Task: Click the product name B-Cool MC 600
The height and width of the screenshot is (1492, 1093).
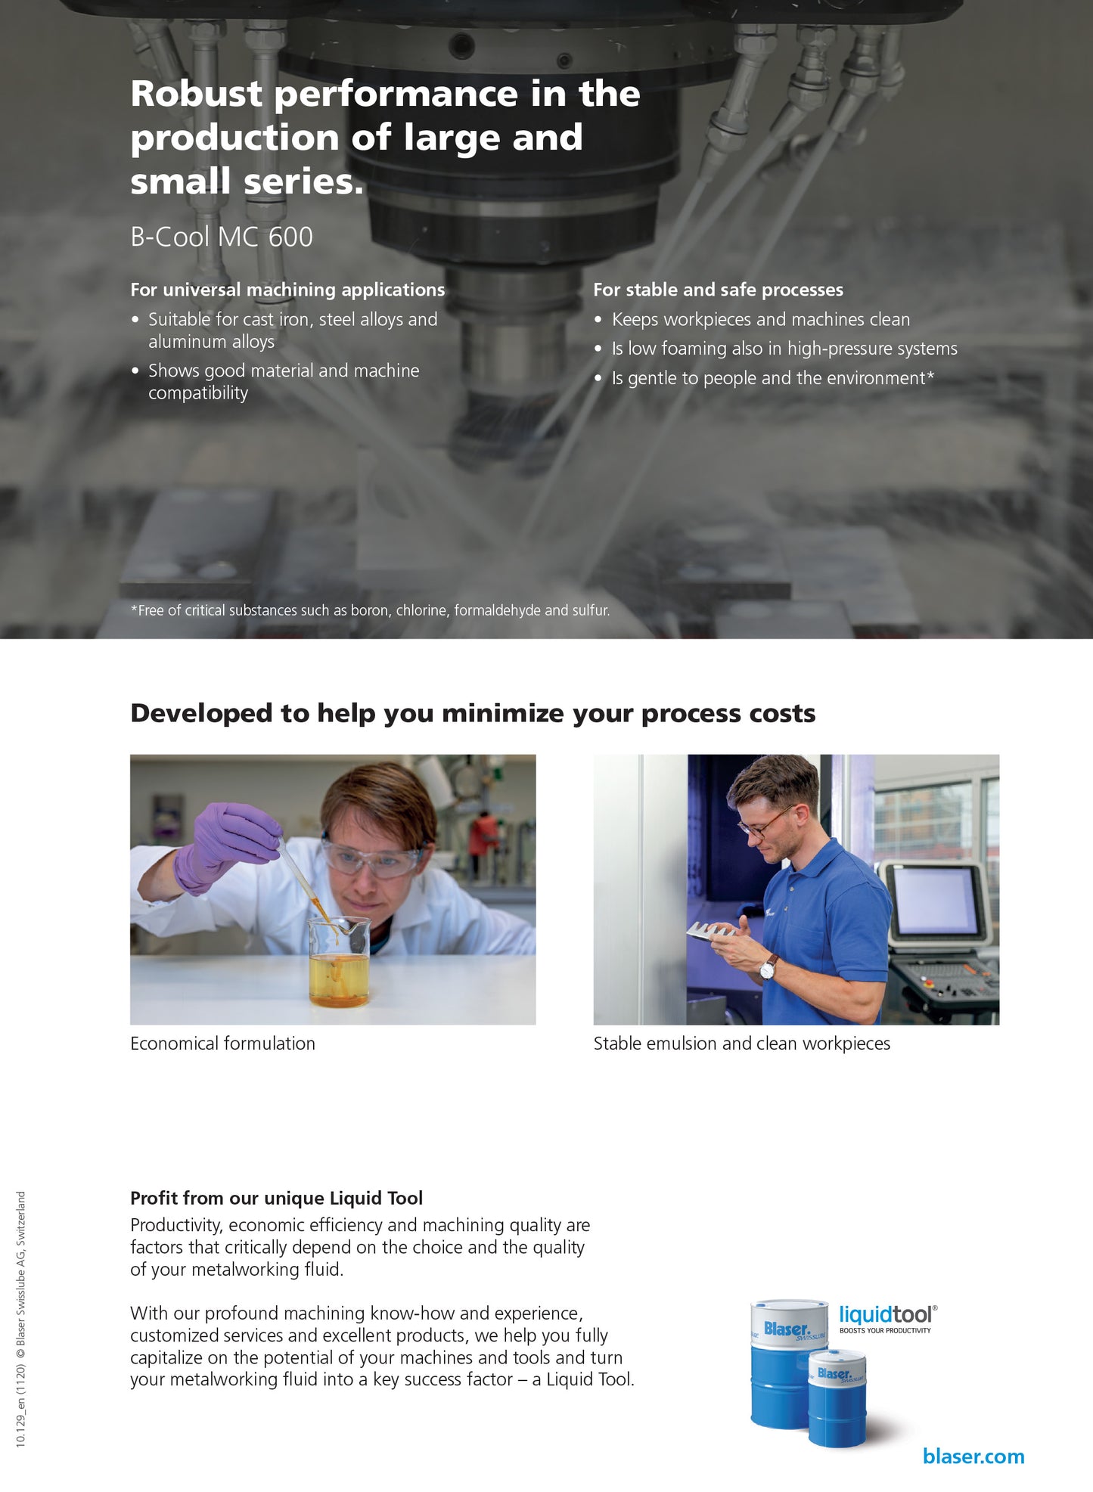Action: [x=222, y=237]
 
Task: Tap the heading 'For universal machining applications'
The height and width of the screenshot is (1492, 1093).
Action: [x=287, y=290]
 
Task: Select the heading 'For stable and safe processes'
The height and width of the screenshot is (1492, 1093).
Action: [x=718, y=290]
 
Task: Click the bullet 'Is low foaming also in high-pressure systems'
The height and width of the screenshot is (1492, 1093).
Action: [x=784, y=349]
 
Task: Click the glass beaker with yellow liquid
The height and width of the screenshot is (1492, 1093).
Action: [x=339, y=962]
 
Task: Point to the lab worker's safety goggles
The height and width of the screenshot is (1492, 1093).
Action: [x=371, y=858]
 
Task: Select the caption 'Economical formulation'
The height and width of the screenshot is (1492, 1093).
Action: [x=222, y=1044]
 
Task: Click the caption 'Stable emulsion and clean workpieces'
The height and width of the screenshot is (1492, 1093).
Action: [x=741, y=1044]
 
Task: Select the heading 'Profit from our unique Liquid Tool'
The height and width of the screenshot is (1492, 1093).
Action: [x=276, y=1198]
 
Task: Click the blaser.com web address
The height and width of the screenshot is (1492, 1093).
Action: [x=973, y=1456]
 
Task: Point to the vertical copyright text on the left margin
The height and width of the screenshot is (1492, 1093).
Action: [x=21, y=1320]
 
